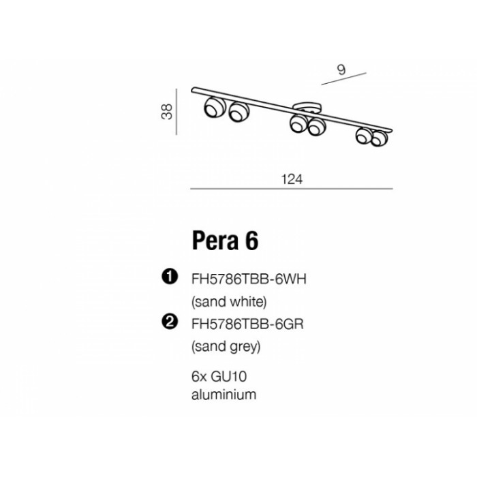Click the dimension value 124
click(292, 179)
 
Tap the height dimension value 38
click(167, 112)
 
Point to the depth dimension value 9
click(341, 70)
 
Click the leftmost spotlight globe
click(215, 107)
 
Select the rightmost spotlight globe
click(379, 138)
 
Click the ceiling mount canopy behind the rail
click(307, 108)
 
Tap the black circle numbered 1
click(170, 277)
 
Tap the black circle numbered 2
click(170, 322)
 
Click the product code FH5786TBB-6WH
click(249, 279)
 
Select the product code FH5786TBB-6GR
click(247, 324)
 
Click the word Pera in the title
click(215, 241)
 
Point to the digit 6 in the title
click(251, 241)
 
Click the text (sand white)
click(229, 302)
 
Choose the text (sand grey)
click(226, 346)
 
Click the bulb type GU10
click(228, 377)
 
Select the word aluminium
click(224, 395)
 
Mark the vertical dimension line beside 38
click(176, 112)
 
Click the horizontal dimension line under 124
click(292, 189)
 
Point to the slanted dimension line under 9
click(343, 78)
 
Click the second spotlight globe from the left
click(239, 111)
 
